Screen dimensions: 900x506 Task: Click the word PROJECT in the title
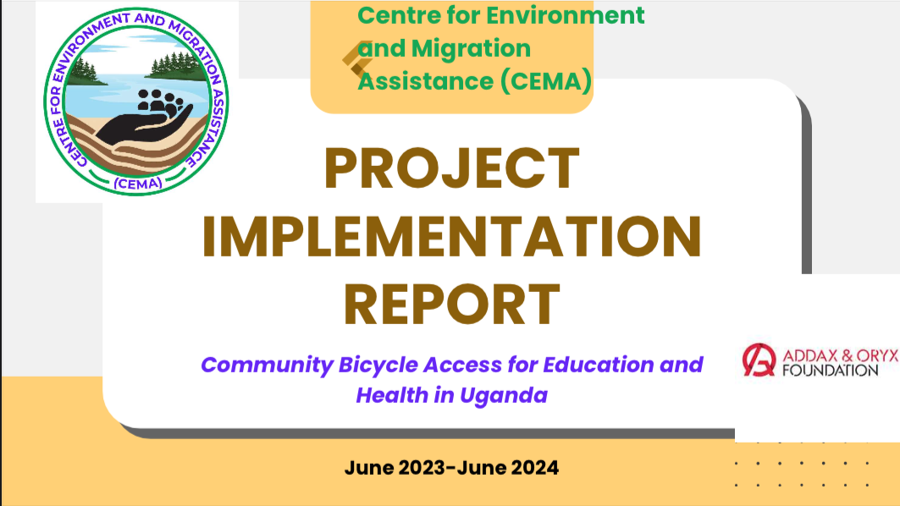click(452, 168)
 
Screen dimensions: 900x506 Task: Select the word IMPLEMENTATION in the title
click(452, 236)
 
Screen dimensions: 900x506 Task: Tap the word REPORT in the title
click(452, 304)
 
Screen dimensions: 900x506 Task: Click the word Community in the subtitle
click(267, 366)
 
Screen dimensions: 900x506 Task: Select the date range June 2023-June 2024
click(451, 468)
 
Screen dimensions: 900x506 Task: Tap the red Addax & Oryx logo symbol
click(759, 360)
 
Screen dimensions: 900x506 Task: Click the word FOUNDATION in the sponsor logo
click(830, 371)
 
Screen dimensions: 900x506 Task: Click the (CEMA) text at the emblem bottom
click(138, 184)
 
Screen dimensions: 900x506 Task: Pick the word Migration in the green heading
click(471, 48)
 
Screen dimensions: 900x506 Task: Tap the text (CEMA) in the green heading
click(546, 81)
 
